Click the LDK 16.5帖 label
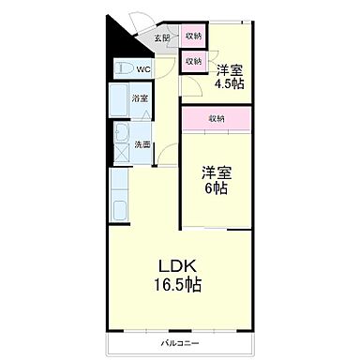pyautogui.click(x=177, y=275)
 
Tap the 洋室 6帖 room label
pyautogui.click(x=217, y=180)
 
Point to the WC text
pyautogui.click(x=143, y=68)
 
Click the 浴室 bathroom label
pyautogui.click(x=139, y=97)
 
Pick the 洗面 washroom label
pyautogui.click(x=142, y=144)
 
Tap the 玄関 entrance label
pyautogui.click(x=160, y=38)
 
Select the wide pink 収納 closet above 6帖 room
pyautogui.click(x=217, y=119)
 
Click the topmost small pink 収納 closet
pyautogui.click(x=193, y=37)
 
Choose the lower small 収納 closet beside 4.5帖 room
pyautogui.click(x=193, y=61)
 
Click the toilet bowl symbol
pyautogui.click(x=122, y=69)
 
